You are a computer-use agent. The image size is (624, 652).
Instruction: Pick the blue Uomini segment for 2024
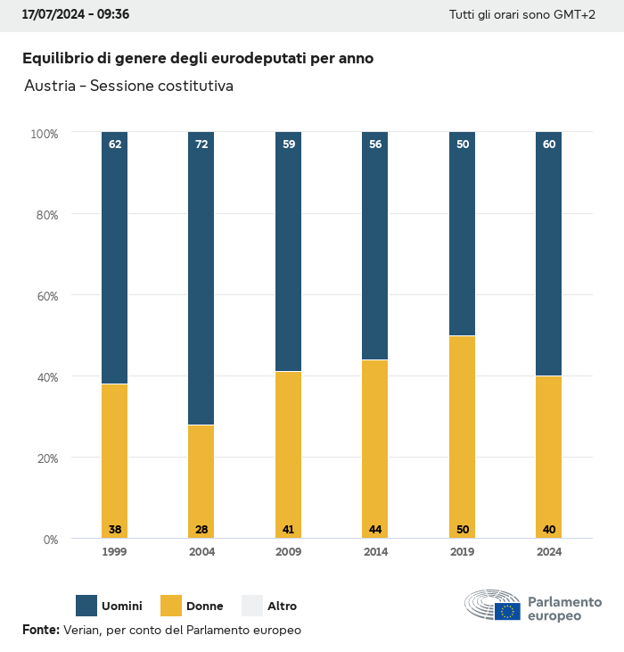pos(549,254)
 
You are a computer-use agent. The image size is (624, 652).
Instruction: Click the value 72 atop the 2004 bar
pos(201,144)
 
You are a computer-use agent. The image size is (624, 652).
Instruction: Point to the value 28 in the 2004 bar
pos(201,530)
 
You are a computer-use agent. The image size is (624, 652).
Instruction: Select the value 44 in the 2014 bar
pos(375,530)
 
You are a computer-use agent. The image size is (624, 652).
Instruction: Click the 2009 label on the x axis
pos(289,552)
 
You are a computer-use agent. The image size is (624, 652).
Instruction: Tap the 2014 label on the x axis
pos(375,552)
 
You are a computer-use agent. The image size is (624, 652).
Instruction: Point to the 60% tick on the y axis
pos(45,295)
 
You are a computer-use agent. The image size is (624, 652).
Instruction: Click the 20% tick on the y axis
pos(45,458)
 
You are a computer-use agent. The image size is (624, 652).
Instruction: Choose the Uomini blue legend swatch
pos(86,606)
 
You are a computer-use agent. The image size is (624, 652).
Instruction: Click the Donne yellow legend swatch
pos(170,606)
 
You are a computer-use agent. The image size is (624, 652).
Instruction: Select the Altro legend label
pos(283,607)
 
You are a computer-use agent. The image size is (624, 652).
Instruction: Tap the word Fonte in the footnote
pos(41,630)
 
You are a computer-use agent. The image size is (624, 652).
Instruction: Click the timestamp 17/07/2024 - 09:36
pos(76,15)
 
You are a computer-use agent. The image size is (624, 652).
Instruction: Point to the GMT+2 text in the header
pos(575,15)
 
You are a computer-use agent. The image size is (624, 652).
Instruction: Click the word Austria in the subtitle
pos(50,87)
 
